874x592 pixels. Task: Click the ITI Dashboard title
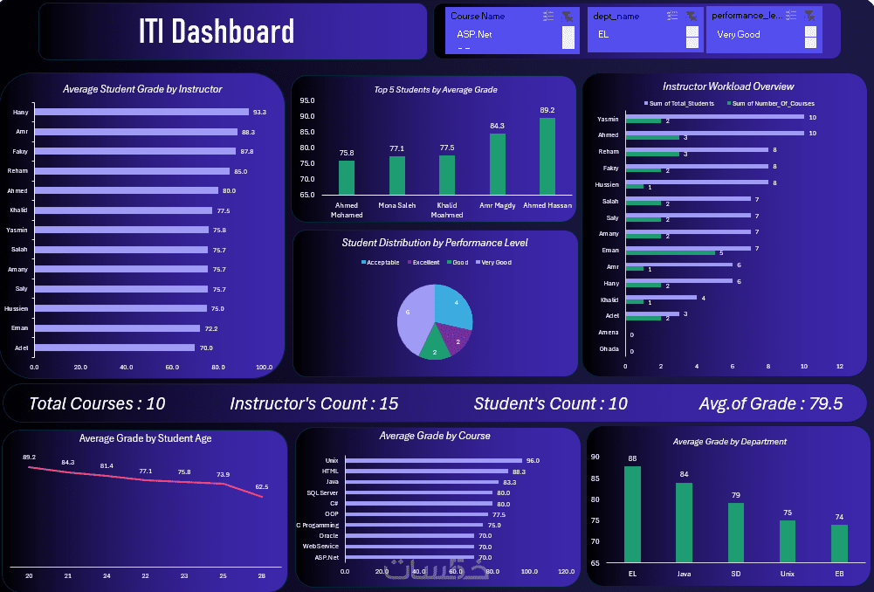tap(216, 32)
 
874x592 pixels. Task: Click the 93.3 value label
tap(259, 113)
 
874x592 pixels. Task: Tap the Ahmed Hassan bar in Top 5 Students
tap(547, 156)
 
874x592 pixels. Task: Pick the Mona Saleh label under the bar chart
tap(397, 205)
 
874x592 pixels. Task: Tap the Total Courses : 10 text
tap(97, 403)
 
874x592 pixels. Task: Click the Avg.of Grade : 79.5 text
tap(770, 403)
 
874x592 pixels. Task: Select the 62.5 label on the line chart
tap(261, 486)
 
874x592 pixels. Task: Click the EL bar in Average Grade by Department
tap(632, 514)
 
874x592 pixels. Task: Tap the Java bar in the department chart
tap(684, 522)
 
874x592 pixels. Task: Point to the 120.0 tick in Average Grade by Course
tap(567, 571)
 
